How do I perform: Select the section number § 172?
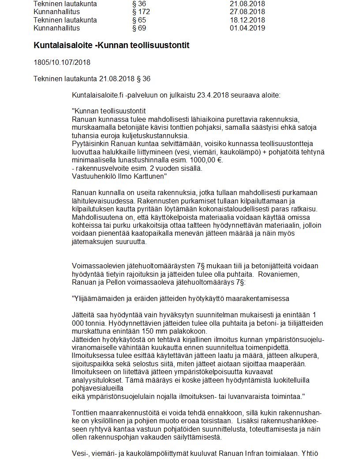pyautogui.click(x=141, y=11)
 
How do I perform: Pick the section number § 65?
pyautogui.click(x=139, y=20)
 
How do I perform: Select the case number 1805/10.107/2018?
pyautogui.click(x=62, y=62)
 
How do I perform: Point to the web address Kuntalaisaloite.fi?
pyautogui.click(x=97, y=95)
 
